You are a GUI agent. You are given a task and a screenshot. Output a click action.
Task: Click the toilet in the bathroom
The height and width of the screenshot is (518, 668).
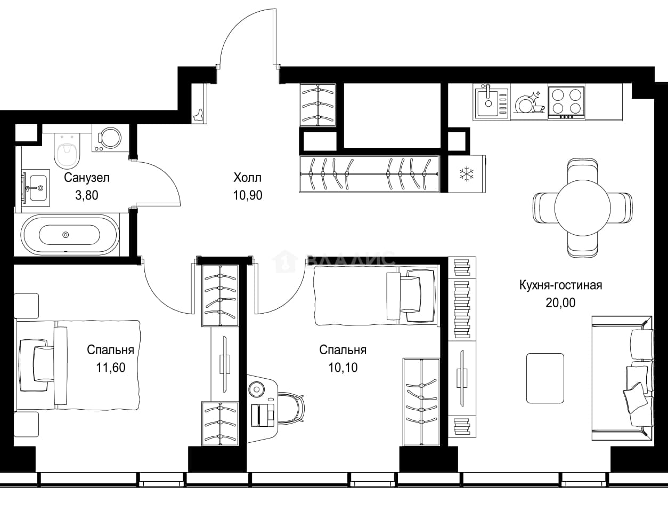(x=67, y=153)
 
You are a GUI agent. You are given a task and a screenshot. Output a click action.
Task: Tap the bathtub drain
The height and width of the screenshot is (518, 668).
(x=66, y=235)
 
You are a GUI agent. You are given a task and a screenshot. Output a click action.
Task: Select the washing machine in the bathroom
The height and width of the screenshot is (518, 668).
(x=110, y=138)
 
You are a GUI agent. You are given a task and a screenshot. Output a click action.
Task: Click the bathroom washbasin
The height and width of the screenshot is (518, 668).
(x=36, y=187)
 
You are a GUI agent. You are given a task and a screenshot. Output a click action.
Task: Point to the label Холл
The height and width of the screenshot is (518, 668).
(x=248, y=178)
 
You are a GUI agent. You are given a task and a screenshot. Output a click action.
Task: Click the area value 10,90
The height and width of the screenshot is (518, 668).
(x=248, y=195)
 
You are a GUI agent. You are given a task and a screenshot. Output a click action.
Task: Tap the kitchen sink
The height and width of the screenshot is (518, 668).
(x=491, y=101)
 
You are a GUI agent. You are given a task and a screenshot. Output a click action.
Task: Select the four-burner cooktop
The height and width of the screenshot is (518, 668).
(x=566, y=102)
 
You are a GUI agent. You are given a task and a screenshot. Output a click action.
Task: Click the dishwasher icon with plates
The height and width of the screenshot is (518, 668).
(x=529, y=102)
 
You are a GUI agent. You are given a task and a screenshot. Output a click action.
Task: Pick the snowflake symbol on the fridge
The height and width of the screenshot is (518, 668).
(x=466, y=174)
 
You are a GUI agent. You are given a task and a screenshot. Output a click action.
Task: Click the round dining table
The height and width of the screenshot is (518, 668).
(x=583, y=208)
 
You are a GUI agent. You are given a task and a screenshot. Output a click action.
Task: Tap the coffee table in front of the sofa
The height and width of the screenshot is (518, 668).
(x=545, y=378)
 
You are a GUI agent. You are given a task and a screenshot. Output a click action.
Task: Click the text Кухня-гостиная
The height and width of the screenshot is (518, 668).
(x=560, y=285)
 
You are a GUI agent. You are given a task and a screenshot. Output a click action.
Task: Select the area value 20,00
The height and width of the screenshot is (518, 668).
(x=560, y=302)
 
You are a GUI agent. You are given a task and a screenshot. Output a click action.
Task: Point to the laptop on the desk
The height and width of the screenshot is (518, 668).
(x=263, y=415)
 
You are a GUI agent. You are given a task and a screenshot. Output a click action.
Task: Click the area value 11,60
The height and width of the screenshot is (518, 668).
(x=111, y=367)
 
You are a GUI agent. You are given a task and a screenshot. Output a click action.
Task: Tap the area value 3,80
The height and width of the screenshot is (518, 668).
(x=87, y=195)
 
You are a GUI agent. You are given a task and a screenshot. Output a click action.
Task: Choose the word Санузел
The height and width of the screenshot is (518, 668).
(x=87, y=178)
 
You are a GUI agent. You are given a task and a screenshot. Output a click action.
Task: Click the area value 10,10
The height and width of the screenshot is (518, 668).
(x=343, y=367)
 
